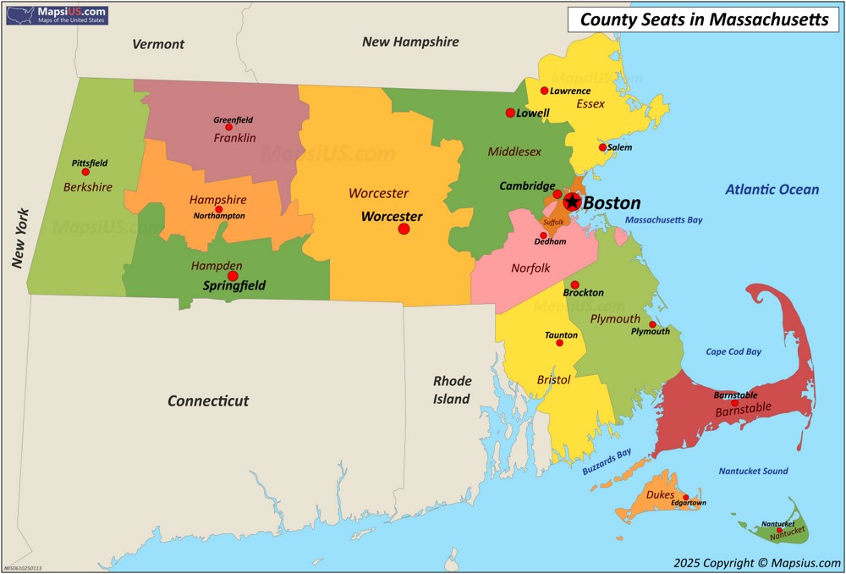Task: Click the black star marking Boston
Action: pos(572,201)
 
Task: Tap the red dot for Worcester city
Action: pos(404,229)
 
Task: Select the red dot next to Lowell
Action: pos(510,113)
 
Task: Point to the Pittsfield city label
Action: pos(90,163)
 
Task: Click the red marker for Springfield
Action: pos(233,275)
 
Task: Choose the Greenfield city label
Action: pos(233,119)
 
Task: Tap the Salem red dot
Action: pos(602,147)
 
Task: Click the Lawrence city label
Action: pos(570,91)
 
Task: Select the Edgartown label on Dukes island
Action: pos(688,503)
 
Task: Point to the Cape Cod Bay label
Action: pos(733,351)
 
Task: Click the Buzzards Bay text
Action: pos(607,466)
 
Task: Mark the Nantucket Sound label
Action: pos(753,471)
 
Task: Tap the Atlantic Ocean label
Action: pos(772,190)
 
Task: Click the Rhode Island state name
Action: pos(452,389)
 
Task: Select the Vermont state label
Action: pos(158,44)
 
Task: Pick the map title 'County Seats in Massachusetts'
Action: pos(704,19)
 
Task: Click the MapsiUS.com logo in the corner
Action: pos(57,14)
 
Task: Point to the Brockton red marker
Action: pos(575,284)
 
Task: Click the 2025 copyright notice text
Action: pos(757,562)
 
